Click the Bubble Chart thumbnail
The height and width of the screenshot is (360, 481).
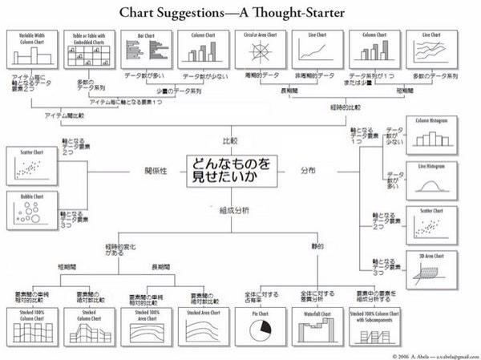(31, 210)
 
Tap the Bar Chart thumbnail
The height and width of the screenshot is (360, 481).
(147, 49)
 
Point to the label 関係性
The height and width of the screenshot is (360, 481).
(156, 171)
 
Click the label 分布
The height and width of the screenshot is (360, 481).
(308, 171)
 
